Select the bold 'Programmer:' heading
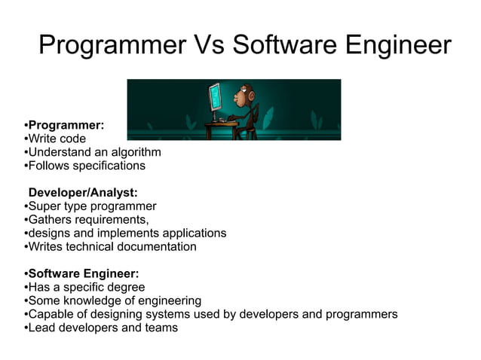point(66,125)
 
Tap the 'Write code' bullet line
point(57,139)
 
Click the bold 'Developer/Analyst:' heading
point(83,193)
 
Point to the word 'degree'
point(126,288)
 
